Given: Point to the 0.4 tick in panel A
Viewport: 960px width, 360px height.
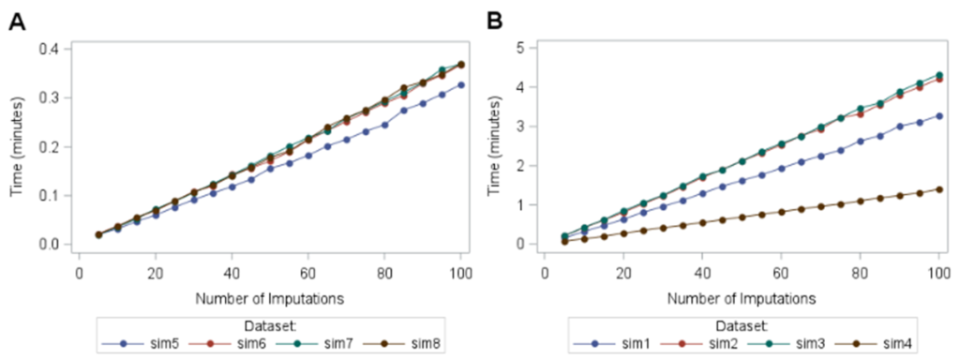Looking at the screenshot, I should (x=52, y=49).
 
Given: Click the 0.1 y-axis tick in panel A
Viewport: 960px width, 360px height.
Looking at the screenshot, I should (x=52, y=196).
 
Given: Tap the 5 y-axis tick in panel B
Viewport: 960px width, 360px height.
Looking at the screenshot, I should (x=531, y=48).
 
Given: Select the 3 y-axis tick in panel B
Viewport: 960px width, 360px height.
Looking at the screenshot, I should (x=531, y=127).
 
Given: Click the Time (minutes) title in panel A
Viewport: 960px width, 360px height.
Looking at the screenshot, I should (x=17, y=146).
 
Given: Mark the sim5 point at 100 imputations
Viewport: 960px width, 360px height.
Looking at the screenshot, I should (x=460, y=85).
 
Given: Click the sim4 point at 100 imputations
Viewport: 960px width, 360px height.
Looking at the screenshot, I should (x=937, y=189).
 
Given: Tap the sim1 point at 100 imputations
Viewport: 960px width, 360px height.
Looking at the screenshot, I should (x=937, y=116).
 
